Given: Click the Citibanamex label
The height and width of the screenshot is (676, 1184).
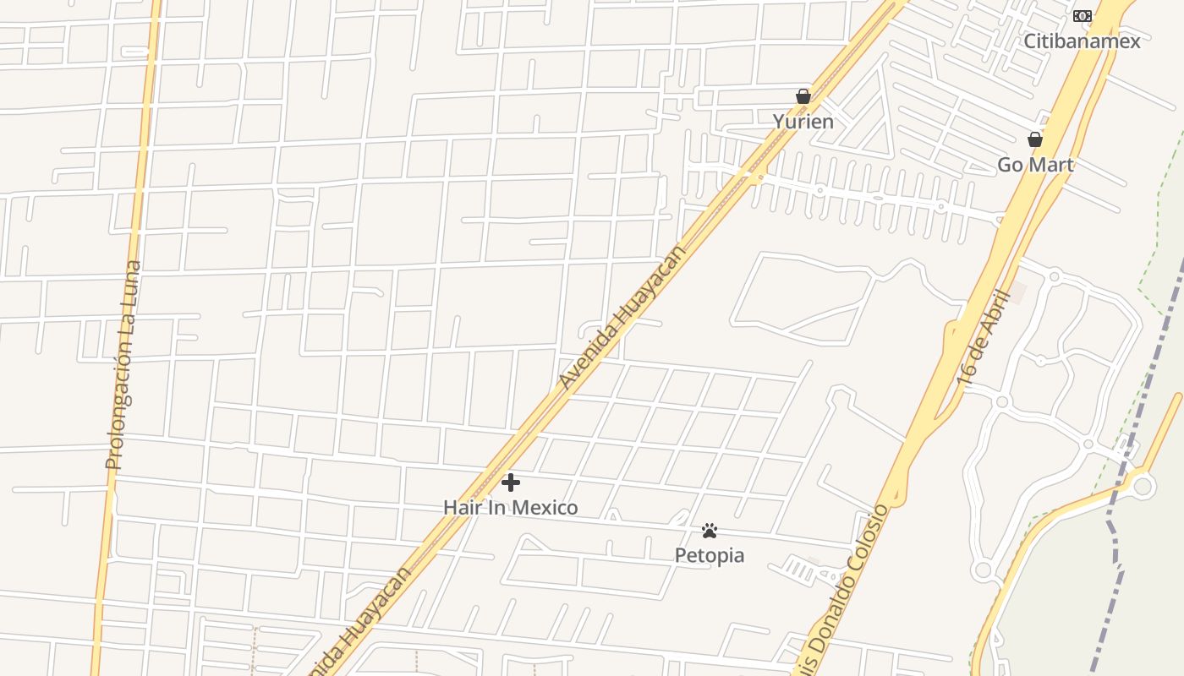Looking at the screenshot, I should point(1082,41).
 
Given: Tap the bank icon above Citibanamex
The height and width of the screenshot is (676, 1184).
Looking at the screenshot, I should point(1082,16).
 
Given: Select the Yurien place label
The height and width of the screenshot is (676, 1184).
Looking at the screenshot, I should point(803,122).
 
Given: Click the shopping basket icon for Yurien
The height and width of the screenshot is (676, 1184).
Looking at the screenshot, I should point(803,96).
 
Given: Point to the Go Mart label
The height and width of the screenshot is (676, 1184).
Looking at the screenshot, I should point(1035,165).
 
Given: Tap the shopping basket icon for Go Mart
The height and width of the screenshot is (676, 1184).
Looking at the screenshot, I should point(1034,139).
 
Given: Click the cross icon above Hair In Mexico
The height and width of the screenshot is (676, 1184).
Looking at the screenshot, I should point(510,482).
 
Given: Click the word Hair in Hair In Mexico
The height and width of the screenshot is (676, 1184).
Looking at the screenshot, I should point(460,508).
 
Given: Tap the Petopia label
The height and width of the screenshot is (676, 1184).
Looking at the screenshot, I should point(709,555).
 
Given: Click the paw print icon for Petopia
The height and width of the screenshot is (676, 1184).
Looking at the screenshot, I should point(709,531).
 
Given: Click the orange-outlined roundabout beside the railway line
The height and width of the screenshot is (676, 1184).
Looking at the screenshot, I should point(1143,486).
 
